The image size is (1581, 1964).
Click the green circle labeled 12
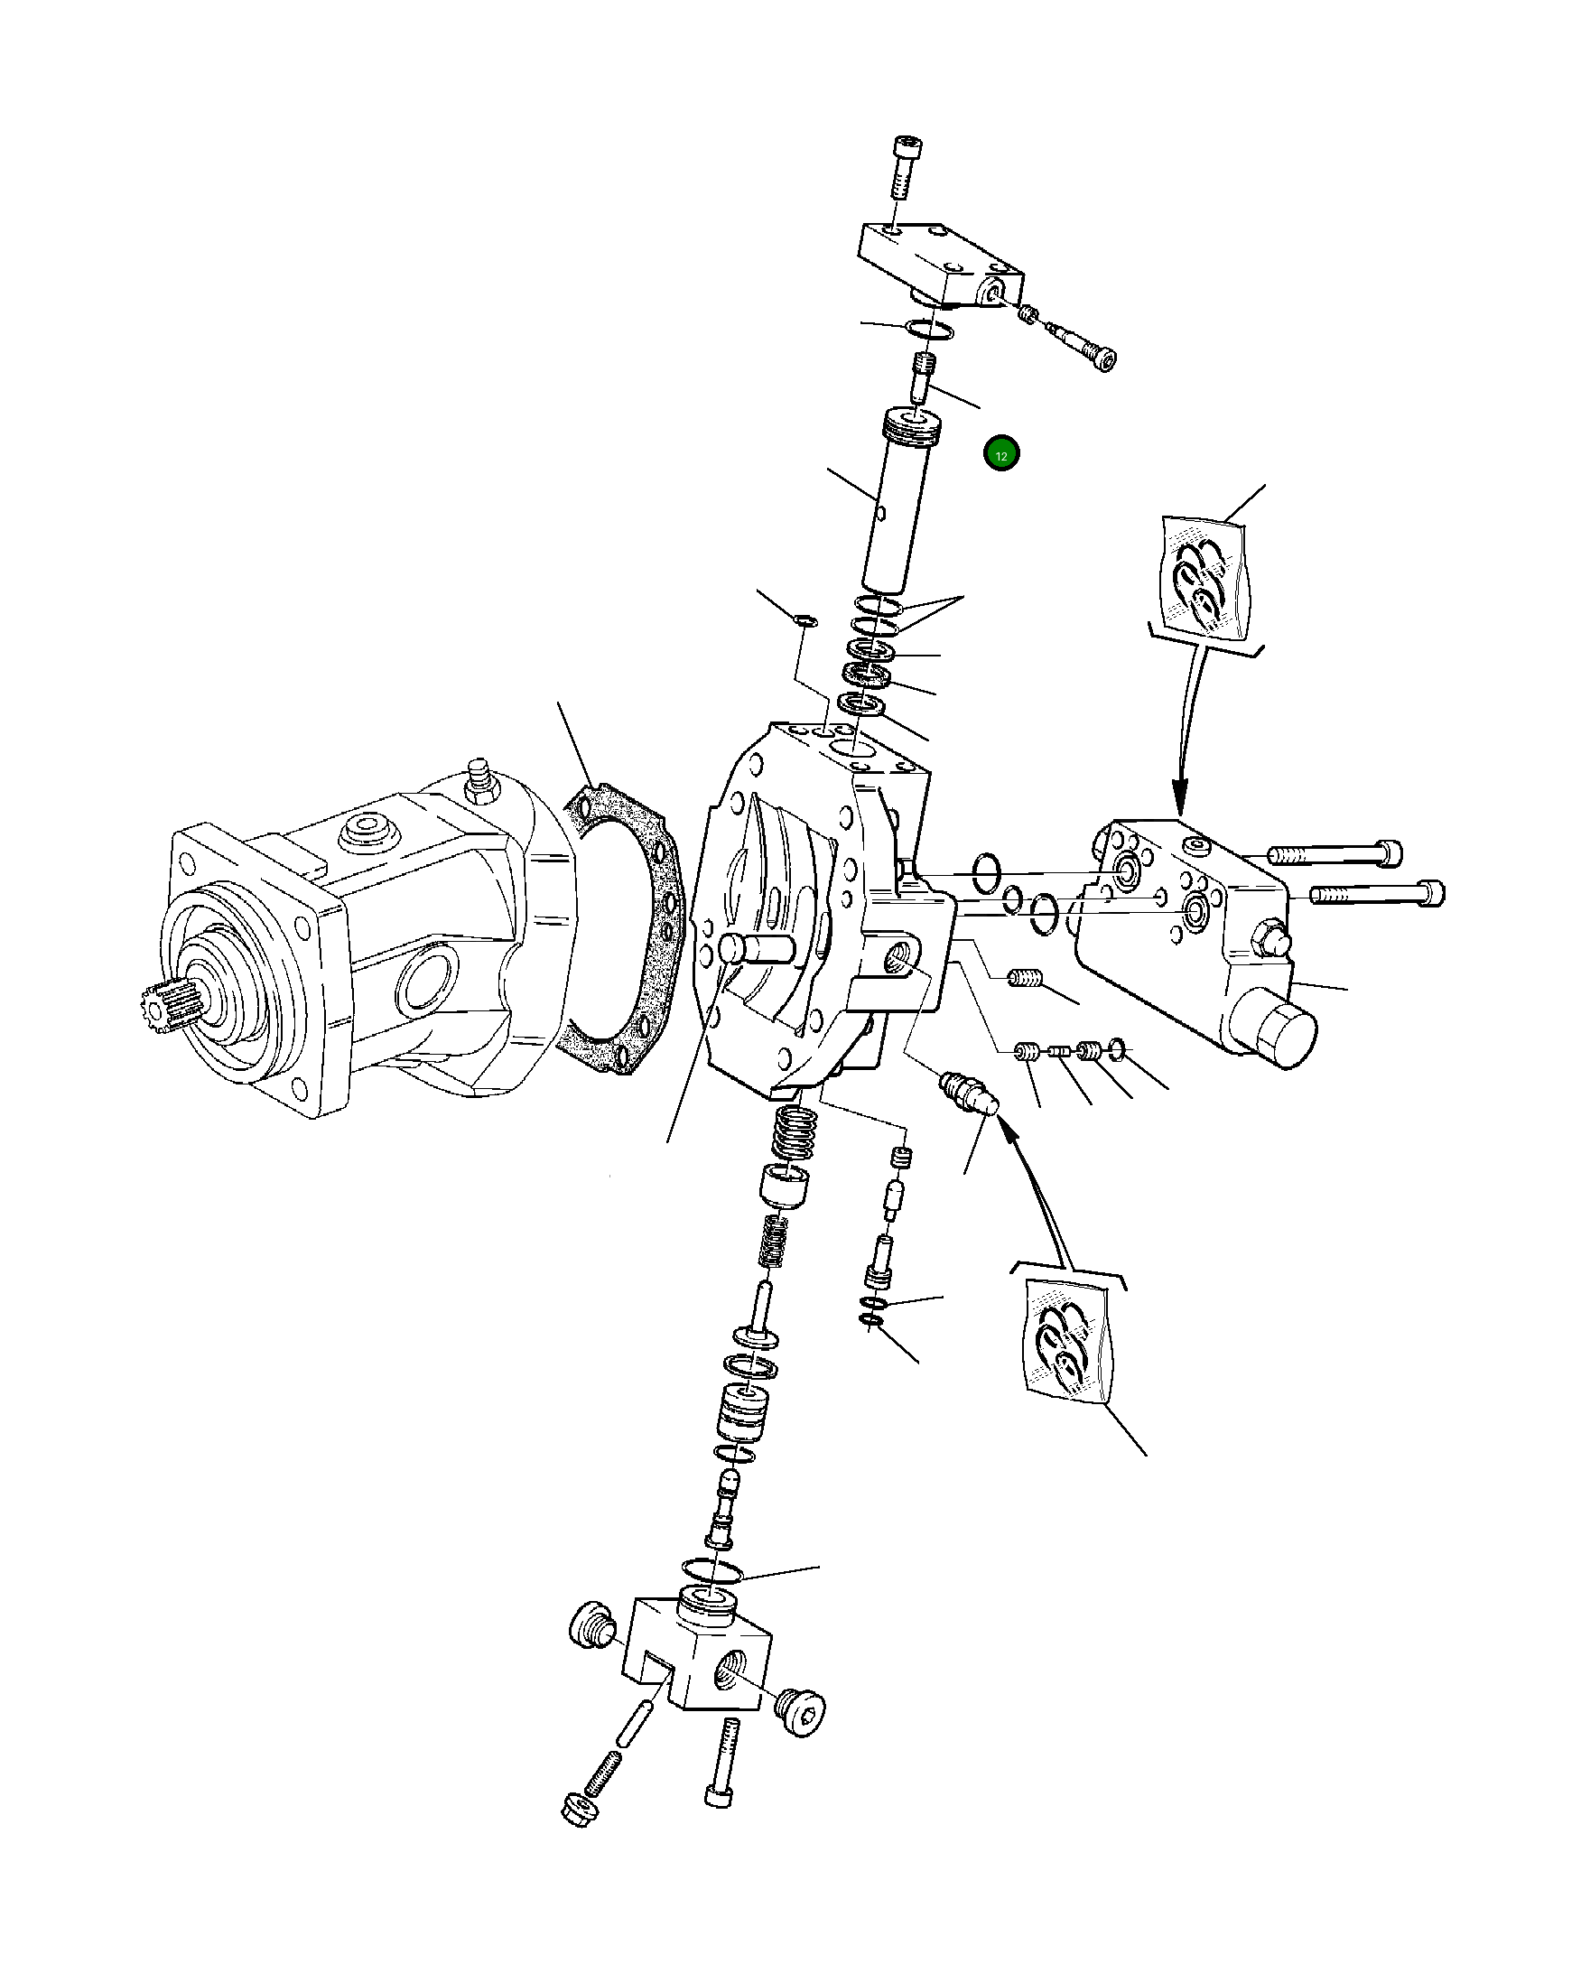[x=1000, y=453]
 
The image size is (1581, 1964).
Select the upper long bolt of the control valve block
[x=1334, y=854]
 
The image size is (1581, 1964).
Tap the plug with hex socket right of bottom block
[x=802, y=1714]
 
